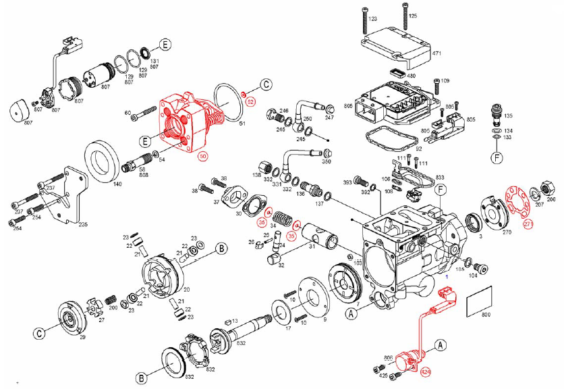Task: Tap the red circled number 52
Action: pyautogui.click(x=250, y=101)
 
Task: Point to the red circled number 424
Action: pyautogui.click(x=426, y=371)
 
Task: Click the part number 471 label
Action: pyautogui.click(x=436, y=53)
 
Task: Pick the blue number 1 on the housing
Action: pyautogui.click(x=446, y=277)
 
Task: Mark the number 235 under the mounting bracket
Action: pyautogui.click(x=83, y=225)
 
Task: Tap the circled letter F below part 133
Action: pyautogui.click(x=497, y=160)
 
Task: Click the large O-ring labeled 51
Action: pyautogui.click(x=228, y=101)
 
